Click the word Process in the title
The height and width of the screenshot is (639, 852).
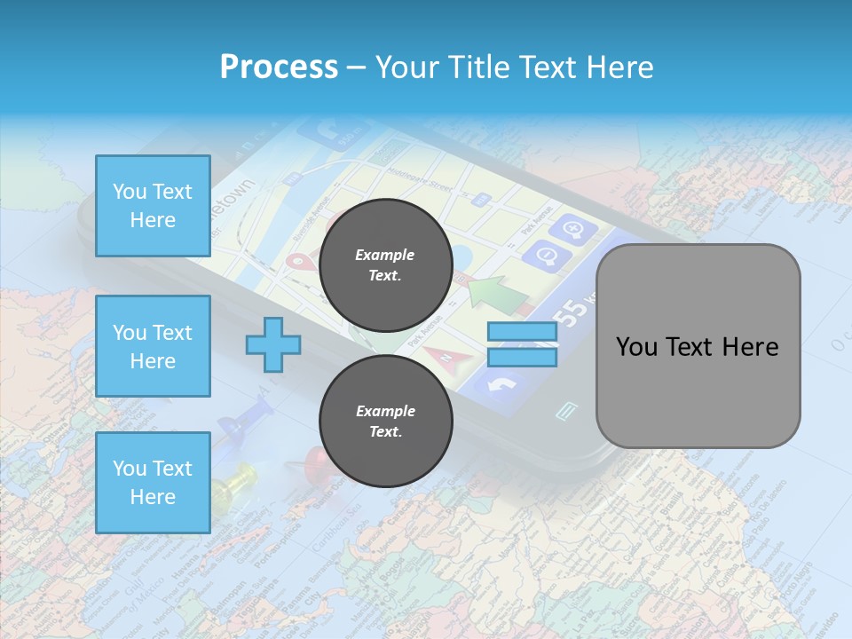279,67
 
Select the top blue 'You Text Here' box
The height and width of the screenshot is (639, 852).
153,206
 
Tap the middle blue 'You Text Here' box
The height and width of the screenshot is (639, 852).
153,346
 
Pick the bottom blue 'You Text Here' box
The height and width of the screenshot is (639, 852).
153,483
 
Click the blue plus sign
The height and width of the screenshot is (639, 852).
272,344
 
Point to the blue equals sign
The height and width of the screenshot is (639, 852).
522,344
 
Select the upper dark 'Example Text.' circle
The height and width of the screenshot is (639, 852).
385,264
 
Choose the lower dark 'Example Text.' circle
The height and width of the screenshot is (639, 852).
385,421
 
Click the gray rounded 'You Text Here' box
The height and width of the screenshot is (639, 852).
698,346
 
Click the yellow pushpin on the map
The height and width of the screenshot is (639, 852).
233,485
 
